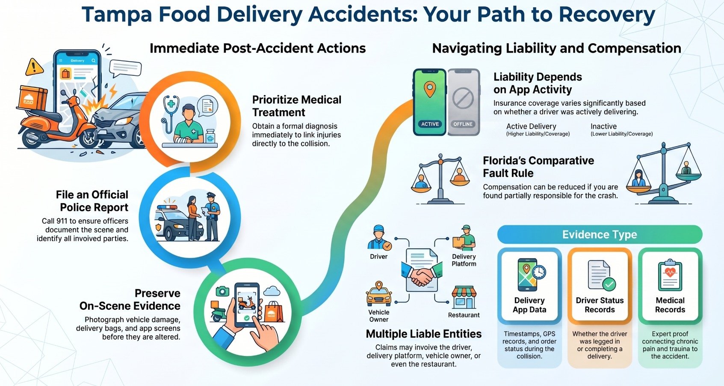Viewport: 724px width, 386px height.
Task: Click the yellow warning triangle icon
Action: pyautogui.click(x=34, y=67)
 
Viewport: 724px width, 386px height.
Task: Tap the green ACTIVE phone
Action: pyautogui.click(x=429, y=102)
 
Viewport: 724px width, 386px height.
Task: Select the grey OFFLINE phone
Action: pyautogui.click(x=463, y=102)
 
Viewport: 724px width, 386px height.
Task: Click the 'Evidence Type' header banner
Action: pyautogui.click(x=600, y=234)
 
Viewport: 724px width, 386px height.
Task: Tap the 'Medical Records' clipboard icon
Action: pyautogui.click(x=670, y=275)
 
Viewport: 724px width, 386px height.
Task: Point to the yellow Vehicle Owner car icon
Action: pyautogui.click(x=379, y=294)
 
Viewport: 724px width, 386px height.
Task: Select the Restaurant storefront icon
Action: pyautogui.click(x=464, y=297)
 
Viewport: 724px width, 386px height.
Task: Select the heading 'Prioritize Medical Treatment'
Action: pyautogui.click(x=296, y=106)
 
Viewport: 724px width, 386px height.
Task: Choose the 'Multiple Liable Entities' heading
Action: pyautogui.click(x=424, y=334)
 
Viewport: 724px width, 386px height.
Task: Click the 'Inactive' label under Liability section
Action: pyautogui.click(x=603, y=126)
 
